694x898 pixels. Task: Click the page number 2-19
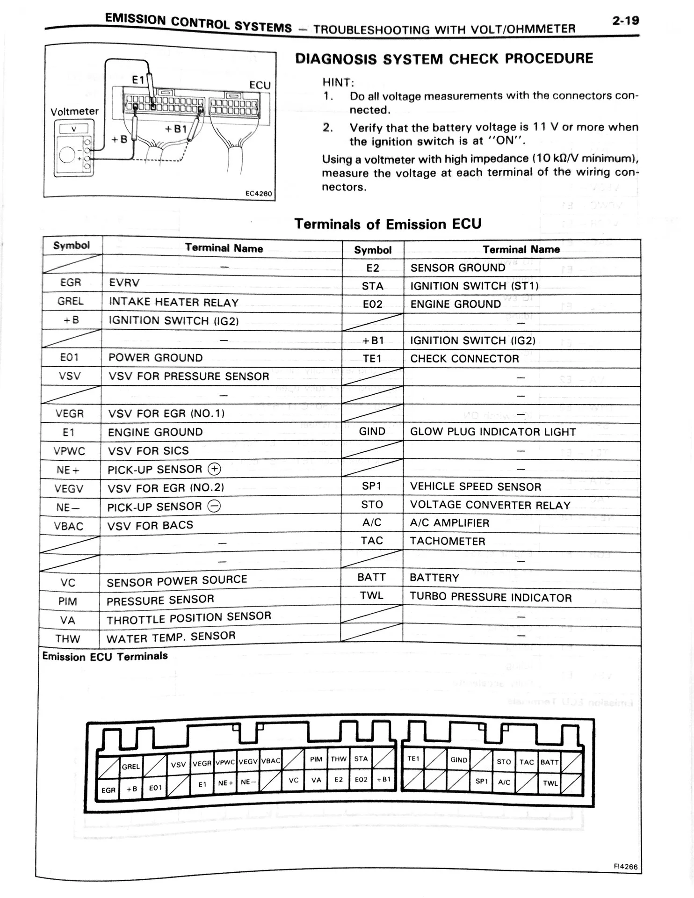click(x=625, y=21)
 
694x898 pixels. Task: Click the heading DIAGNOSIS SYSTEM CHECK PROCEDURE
click(x=444, y=59)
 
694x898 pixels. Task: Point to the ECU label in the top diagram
click(x=260, y=85)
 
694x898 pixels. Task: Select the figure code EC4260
click(x=259, y=194)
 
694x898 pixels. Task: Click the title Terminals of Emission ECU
click(x=388, y=224)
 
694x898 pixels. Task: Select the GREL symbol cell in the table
click(x=71, y=301)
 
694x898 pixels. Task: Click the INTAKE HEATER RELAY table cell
click(x=173, y=303)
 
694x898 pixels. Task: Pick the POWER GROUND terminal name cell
click(x=155, y=358)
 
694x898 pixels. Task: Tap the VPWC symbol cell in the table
click(x=70, y=451)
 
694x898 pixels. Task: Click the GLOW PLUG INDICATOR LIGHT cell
click(x=492, y=432)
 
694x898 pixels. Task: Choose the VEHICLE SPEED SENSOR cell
click(x=475, y=486)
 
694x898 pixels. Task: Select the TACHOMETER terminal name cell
click(x=447, y=541)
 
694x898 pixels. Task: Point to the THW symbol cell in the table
click(x=68, y=639)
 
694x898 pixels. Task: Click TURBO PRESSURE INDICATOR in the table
click(x=491, y=597)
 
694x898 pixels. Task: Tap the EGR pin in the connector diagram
click(x=108, y=790)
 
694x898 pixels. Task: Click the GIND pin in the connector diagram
click(x=459, y=760)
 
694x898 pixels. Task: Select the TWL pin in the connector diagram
click(x=550, y=783)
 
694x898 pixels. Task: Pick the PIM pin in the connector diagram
click(x=316, y=759)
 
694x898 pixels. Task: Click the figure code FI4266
click(x=626, y=866)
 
